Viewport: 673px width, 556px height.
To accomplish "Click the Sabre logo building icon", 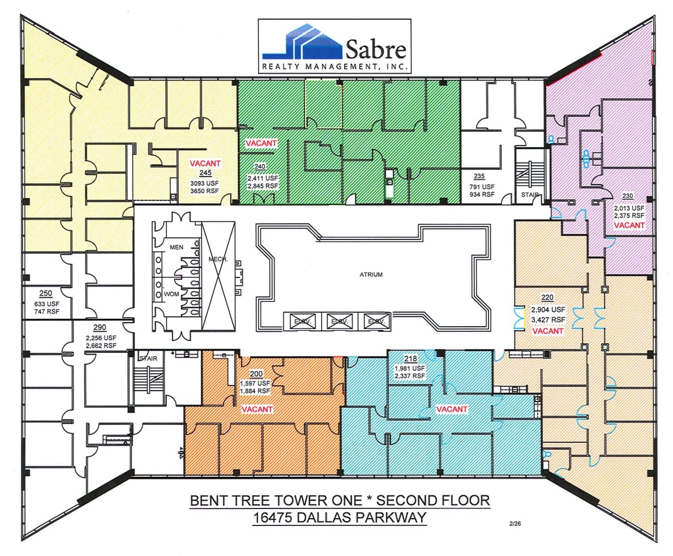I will pyautogui.click(x=302, y=42).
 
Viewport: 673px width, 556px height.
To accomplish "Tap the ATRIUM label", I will pyautogui.click(x=371, y=275).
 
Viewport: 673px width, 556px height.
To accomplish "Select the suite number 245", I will pyautogui.click(x=204, y=173).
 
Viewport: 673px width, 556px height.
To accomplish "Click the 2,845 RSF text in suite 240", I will pyautogui.click(x=263, y=186).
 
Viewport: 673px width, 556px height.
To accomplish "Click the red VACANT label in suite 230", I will pyautogui.click(x=629, y=225).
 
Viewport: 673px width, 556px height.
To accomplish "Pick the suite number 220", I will pyautogui.click(x=547, y=297).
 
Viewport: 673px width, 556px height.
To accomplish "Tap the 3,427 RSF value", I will pyautogui.click(x=547, y=319).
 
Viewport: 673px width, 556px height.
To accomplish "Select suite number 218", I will pyautogui.click(x=410, y=358).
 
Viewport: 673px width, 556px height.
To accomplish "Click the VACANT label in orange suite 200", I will pyautogui.click(x=257, y=409).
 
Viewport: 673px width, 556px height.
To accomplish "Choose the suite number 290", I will pyautogui.click(x=100, y=328).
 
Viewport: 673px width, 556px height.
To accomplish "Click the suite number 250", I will pyautogui.click(x=46, y=293).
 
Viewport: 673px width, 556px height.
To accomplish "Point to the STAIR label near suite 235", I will pyautogui.click(x=530, y=194).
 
